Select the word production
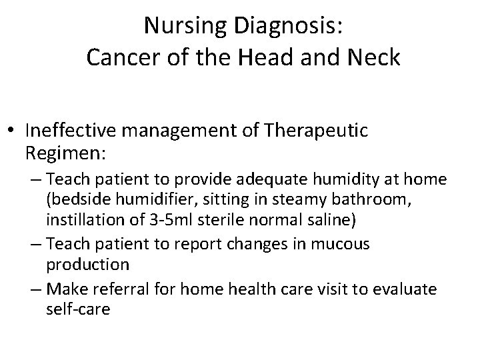[87, 264]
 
